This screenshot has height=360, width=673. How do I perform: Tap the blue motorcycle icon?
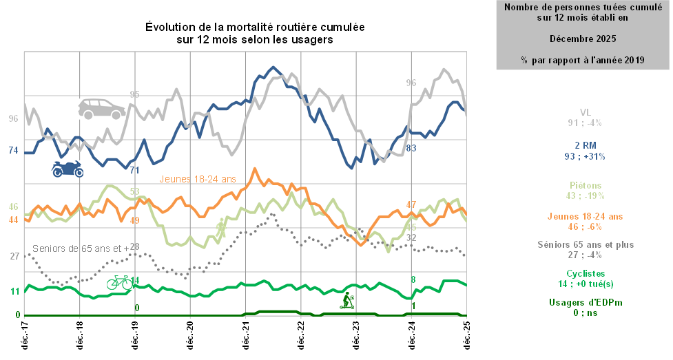(68, 168)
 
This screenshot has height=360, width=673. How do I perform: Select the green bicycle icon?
(119, 282)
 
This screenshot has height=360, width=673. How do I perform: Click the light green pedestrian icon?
(221, 228)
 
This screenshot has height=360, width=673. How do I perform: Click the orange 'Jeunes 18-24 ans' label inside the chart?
(198, 179)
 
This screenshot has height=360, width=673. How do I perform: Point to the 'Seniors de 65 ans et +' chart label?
(81, 248)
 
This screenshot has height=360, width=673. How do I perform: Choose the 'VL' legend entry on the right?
(586, 112)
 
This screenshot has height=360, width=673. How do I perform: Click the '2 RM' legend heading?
(585, 146)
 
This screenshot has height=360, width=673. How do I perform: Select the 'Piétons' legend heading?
(586, 185)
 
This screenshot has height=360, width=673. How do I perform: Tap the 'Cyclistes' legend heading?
(585, 273)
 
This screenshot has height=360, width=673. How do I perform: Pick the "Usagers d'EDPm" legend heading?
(585, 302)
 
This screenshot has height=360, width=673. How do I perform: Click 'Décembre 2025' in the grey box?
(583, 38)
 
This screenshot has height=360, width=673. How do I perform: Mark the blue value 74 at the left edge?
(13, 151)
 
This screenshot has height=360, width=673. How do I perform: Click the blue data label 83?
(411, 148)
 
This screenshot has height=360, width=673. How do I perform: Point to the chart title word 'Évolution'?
(169, 27)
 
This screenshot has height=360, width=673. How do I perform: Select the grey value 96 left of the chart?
(13, 118)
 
